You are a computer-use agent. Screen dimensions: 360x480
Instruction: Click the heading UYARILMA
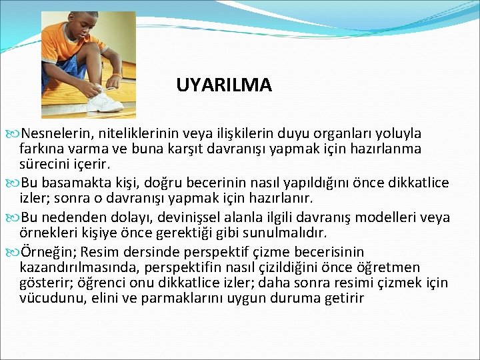pos(224,85)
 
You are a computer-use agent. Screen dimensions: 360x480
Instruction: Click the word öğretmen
pos(411,267)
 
